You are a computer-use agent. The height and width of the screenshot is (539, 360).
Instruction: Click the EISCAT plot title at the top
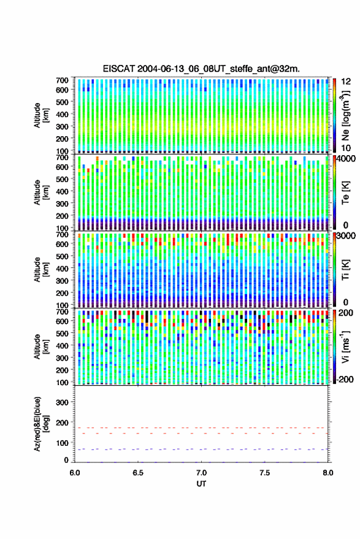click(x=201, y=69)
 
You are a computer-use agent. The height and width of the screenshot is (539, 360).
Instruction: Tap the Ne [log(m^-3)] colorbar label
click(x=345, y=115)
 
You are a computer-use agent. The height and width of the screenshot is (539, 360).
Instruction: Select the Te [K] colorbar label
click(x=345, y=193)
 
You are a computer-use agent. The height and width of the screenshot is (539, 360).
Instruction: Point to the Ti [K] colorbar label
click(x=345, y=270)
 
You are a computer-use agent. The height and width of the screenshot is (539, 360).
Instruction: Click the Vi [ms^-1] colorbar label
click(x=345, y=346)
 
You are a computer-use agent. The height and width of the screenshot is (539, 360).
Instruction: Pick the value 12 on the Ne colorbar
click(x=346, y=82)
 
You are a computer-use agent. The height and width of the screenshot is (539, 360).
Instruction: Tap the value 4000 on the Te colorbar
click(x=346, y=159)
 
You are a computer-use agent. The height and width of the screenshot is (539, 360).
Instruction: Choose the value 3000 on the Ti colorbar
click(x=346, y=236)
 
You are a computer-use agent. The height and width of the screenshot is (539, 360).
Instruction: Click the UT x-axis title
click(x=201, y=484)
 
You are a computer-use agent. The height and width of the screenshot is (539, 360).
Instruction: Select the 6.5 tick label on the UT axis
click(x=138, y=473)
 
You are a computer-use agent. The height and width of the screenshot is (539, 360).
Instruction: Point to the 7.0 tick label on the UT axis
click(x=201, y=473)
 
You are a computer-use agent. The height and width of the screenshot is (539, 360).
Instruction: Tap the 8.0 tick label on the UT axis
click(x=327, y=473)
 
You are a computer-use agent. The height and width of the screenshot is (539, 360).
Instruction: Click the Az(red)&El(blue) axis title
click(x=41, y=424)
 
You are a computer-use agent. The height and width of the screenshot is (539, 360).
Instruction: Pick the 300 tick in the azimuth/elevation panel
click(x=62, y=402)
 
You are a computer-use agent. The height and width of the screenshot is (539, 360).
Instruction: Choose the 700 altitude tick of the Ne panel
click(x=62, y=80)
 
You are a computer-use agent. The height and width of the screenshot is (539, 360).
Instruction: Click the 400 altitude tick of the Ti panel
click(x=62, y=268)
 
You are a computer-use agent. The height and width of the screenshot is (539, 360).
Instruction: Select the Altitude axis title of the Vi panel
click(x=41, y=346)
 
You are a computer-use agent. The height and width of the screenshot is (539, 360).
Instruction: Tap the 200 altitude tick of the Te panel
click(x=62, y=216)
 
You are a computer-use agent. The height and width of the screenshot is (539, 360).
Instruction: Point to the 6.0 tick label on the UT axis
click(x=75, y=473)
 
